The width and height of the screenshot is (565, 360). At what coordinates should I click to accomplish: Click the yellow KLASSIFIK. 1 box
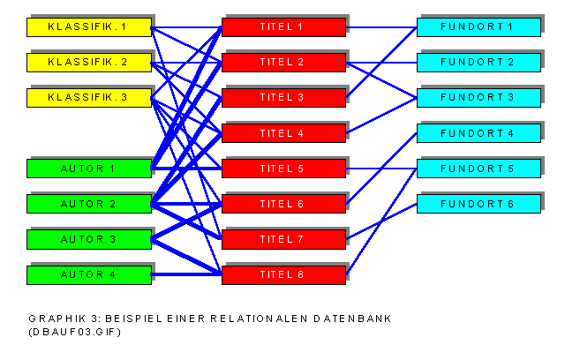pyautogui.click(x=88, y=27)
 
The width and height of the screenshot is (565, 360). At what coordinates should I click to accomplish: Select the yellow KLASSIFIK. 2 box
pyautogui.click(x=88, y=63)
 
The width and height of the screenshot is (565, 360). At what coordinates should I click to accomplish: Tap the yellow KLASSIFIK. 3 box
pyautogui.click(x=88, y=98)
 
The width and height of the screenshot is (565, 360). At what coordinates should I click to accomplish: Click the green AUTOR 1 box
pyautogui.click(x=88, y=169)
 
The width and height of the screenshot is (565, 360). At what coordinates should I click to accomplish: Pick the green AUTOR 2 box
pyautogui.click(x=88, y=204)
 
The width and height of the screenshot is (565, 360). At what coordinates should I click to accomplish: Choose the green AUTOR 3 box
pyautogui.click(x=88, y=239)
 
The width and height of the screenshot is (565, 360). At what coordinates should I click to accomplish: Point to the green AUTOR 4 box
pyautogui.click(x=88, y=274)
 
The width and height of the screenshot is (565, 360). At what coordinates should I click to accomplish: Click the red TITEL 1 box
pyautogui.click(x=282, y=27)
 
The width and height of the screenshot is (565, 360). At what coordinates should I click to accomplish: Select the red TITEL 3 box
pyautogui.click(x=282, y=98)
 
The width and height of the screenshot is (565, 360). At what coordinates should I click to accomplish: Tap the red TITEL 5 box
pyautogui.click(x=282, y=169)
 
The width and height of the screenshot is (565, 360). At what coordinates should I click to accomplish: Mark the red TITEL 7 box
pyautogui.click(x=282, y=239)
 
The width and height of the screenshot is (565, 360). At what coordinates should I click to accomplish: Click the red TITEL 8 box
pyautogui.click(x=282, y=274)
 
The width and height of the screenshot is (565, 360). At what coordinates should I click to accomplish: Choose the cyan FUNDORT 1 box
pyautogui.click(x=478, y=27)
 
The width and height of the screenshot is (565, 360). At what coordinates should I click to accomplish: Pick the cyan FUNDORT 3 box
pyautogui.click(x=478, y=98)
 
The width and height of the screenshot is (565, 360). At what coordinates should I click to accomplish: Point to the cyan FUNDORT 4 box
pyautogui.click(x=478, y=133)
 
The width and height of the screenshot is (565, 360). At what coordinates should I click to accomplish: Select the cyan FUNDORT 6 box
pyautogui.click(x=478, y=204)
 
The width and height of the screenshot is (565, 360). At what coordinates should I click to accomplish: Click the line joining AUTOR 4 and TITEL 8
pyautogui.click(x=186, y=274)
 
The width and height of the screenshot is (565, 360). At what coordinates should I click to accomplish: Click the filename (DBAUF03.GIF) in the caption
pyautogui.click(x=74, y=332)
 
